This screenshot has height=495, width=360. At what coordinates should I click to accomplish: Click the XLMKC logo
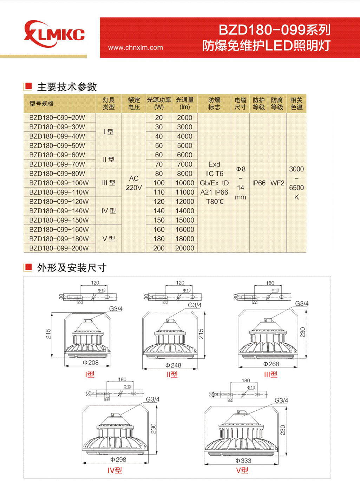(54, 34)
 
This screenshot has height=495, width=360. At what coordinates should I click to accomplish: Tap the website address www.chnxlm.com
(135, 47)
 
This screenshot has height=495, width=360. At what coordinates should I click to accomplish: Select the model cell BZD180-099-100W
(59, 183)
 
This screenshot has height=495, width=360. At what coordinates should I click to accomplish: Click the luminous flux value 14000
(185, 211)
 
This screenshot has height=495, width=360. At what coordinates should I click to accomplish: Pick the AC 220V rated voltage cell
(134, 183)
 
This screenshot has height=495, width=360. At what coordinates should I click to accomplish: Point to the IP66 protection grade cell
(259, 183)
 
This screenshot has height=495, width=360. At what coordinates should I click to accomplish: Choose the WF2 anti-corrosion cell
(277, 183)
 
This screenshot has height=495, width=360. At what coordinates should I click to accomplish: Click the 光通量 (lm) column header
(185, 104)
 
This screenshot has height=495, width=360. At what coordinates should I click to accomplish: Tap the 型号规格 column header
(42, 104)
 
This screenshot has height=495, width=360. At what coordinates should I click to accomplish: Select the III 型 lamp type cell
(109, 183)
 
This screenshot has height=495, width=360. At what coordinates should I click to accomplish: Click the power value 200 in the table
(159, 248)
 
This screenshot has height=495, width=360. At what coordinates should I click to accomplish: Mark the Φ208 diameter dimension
(91, 363)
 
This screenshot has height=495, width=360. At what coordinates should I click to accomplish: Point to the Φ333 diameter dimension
(243, 461)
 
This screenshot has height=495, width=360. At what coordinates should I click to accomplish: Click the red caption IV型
(114, 470)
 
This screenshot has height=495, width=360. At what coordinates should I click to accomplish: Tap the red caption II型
(172, 374)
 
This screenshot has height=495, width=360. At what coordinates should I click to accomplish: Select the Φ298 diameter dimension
(118, 460)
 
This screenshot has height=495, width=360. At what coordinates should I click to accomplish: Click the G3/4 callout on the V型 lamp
(281, 400)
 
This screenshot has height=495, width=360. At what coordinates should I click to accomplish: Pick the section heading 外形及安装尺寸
(72, 268)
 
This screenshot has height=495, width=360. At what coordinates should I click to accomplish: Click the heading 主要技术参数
(67, 87)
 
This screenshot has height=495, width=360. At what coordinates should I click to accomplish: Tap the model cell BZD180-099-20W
(57, 118)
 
